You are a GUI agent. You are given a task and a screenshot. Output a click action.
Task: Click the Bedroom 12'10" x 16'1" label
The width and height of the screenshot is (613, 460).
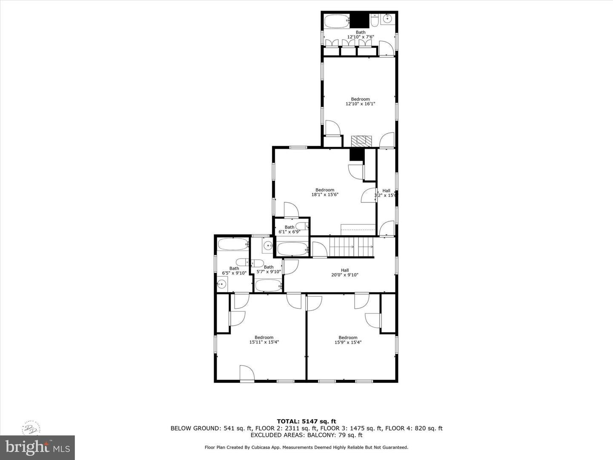point(360,101)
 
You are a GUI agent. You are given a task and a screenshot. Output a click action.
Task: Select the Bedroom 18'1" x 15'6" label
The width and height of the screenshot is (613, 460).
point(325,192)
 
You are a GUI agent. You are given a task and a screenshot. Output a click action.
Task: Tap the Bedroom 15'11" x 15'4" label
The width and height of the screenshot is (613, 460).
point(264,339)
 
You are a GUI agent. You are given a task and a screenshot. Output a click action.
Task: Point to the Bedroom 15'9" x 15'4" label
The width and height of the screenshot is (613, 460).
point(348,339)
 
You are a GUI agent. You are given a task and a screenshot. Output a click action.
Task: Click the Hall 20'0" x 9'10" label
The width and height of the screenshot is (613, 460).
point(345,273)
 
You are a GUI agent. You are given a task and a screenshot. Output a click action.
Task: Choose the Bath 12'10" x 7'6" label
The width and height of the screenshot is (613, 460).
point(361,34)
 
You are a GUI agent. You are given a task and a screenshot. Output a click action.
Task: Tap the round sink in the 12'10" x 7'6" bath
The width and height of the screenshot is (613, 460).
point(387,19)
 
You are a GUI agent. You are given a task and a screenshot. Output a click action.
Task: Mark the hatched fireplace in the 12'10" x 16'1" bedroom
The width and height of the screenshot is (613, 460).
point(361,141)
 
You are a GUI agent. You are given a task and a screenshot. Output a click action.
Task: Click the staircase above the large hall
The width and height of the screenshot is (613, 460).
point(351,247)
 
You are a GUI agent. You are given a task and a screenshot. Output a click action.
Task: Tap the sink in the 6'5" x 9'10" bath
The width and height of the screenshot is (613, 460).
point(221,284)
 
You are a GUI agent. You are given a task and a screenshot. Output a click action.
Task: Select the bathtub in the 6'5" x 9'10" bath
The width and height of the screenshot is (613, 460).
point(232,244)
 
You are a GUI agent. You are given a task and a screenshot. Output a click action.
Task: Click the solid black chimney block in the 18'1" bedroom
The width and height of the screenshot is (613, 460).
point(356,155)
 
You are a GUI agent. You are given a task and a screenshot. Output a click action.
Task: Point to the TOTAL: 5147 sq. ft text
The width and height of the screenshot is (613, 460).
point(306,421)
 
